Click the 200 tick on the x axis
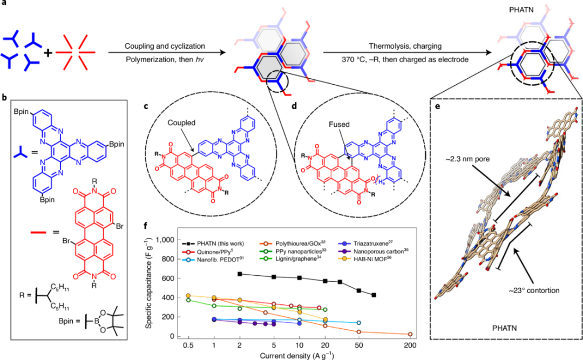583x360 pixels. pos(410,345)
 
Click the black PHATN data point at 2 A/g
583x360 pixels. pos(240,274)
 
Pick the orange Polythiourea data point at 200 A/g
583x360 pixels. pos(410,334)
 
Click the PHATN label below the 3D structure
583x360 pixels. pos(506,327)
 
